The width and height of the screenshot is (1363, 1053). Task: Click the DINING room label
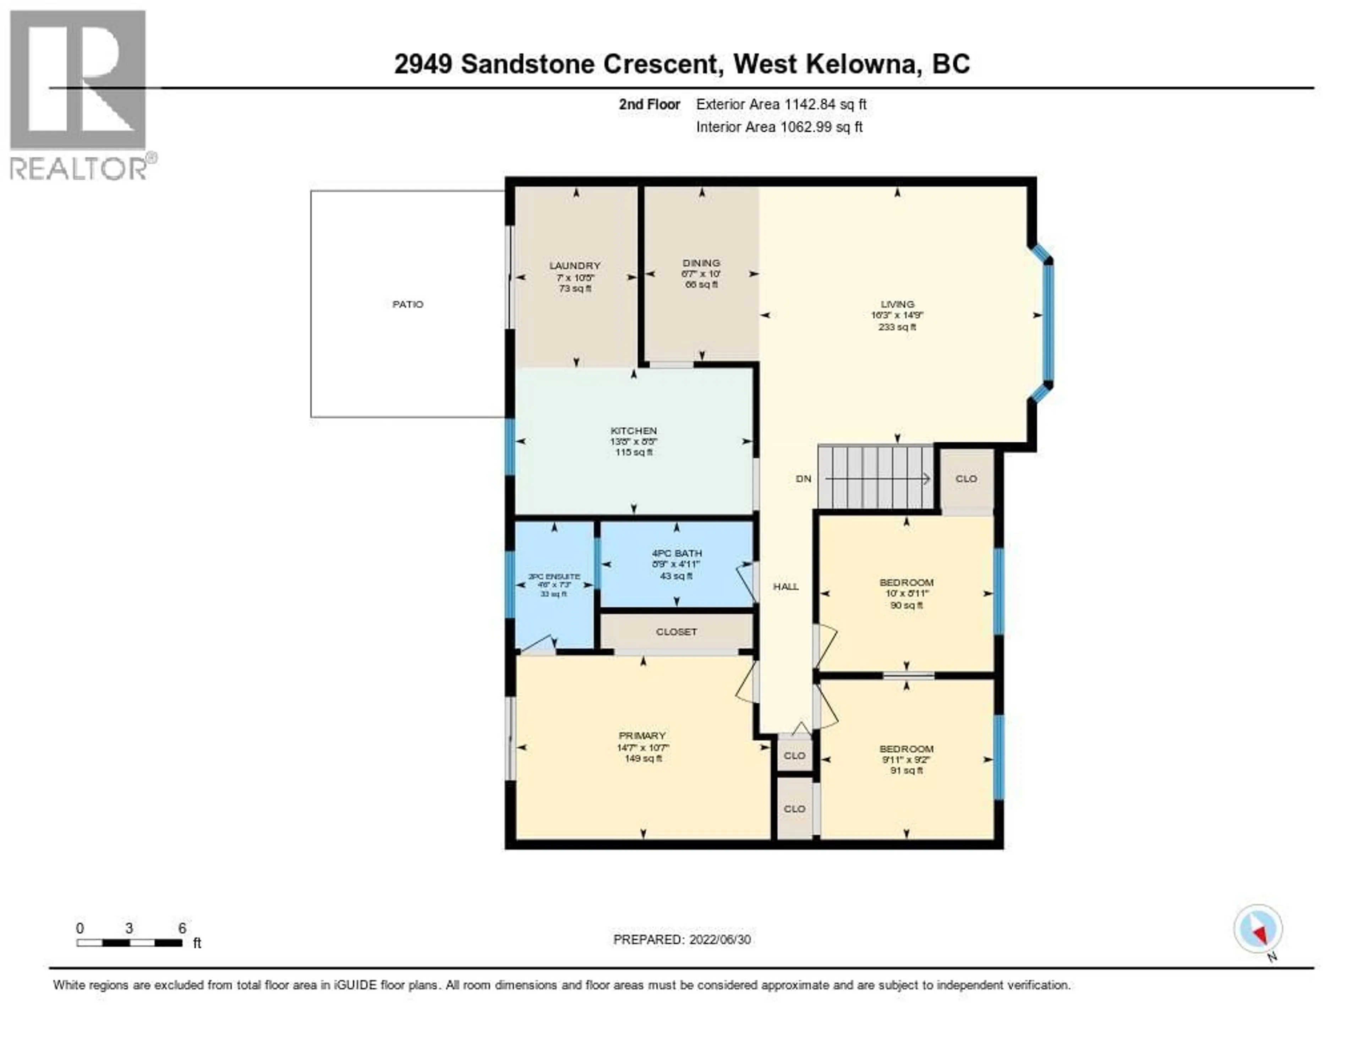click(701, 263)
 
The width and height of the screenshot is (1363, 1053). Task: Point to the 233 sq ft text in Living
click(897, 327)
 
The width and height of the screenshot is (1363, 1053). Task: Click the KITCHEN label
click(634, 431)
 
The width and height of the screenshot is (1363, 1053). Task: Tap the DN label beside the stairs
click(804, 479)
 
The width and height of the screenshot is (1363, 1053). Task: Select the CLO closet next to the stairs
click(966, 479)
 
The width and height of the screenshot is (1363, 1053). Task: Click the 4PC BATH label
click(677, 553)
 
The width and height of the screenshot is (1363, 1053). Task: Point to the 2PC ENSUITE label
click(554, 577)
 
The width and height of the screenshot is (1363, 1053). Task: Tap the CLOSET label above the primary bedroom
click(677, 632)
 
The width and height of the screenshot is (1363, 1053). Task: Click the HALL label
click(786, 587)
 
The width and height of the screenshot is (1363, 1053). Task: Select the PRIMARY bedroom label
click(642, 736)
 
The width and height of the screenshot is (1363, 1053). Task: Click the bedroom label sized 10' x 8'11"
click(906, 582)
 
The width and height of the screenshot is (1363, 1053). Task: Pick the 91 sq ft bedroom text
click(906, 771)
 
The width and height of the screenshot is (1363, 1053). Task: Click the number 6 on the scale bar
click(182, 928)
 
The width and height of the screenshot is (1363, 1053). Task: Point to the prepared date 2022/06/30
click(719, 939)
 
